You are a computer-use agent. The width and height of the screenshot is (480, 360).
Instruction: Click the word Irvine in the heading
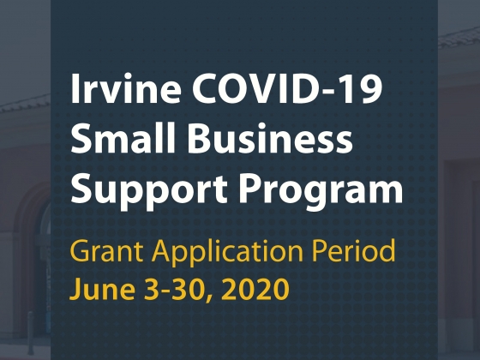pyautogui.click(x=125, y=88)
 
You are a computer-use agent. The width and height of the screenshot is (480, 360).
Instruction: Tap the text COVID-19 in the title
pyautogui.click(x=287, y=88)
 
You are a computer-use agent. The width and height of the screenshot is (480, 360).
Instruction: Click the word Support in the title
pyautogui.click(x=149, y=190)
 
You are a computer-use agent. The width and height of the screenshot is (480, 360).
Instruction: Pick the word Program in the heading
pyautogui.click(x=321, y=190)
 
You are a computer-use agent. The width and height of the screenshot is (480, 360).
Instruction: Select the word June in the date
pyautogui.click(x=102, y=288)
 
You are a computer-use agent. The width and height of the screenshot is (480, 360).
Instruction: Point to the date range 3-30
pyautogui.click(x=174, y=288)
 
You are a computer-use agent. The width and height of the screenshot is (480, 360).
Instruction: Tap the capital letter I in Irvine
pyautogui.click(x=75, y=88)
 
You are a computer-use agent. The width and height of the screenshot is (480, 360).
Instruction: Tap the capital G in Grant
pyautogui.click(x=81, y=250)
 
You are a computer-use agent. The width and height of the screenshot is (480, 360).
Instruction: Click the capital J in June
pyautogui.click(x=76, y=288)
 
